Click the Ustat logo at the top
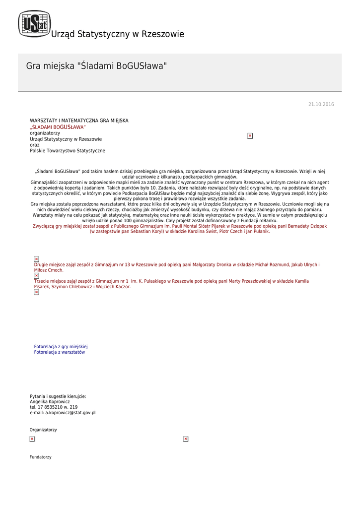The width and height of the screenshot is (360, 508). pyautogui.click(x=34, y=24)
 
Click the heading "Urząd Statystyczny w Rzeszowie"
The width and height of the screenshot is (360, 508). pyautogui.click(x=117, y=34)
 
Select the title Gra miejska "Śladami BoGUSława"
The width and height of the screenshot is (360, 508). pyautogui.click(x=96, y=65)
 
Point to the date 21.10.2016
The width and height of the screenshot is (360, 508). pyautogui.click(x=321, y=104)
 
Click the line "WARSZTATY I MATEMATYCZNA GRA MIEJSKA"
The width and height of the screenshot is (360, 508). pyautogui.click(x=79, y=121)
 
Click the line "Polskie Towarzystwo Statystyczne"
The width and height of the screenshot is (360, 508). pyautogui.click(x=68, y=151)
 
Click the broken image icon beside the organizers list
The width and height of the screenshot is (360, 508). pyautogui.click(x=250, y=135)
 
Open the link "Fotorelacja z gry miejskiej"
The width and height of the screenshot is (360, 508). pyautogui.click(x=61, y=346)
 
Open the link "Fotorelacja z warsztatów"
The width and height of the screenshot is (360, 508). pyautogui.click(x=59, y=352)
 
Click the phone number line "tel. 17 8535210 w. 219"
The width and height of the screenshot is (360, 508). pyautogui.click(x=54, y=407)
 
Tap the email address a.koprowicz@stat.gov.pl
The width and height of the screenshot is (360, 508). pyautogui.click(x=63, y=412)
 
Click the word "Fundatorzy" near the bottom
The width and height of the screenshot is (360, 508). pyautogui.click(x=40, y=457)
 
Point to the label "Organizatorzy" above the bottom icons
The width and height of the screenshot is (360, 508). pyautogui.click(x=43, y=430)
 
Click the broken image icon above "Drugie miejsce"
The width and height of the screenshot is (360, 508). pyautogui.click(x=36, y=259)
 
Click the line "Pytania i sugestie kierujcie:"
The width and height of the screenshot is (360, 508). pyautogui.click(x=58, y=396)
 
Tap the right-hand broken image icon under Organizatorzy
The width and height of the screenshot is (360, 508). pyautogui.click(x=186, y=439)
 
